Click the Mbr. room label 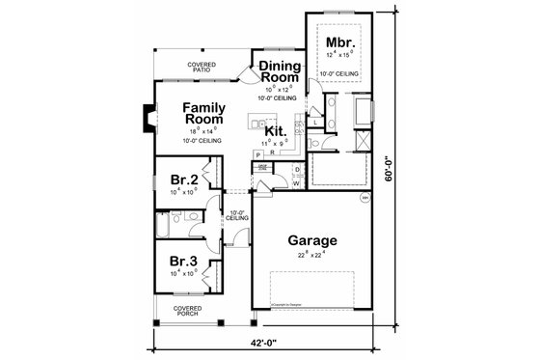tap(337, 42)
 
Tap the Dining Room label tap(278, 72)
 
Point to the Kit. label tap(278, 131)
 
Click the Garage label tap(310, 240)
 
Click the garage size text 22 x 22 tap(310, 256)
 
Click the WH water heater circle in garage tap(366, 197)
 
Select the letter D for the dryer tap(297, 169)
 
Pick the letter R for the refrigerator tap(271, 152)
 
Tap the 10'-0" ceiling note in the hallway tap(236, 215)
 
